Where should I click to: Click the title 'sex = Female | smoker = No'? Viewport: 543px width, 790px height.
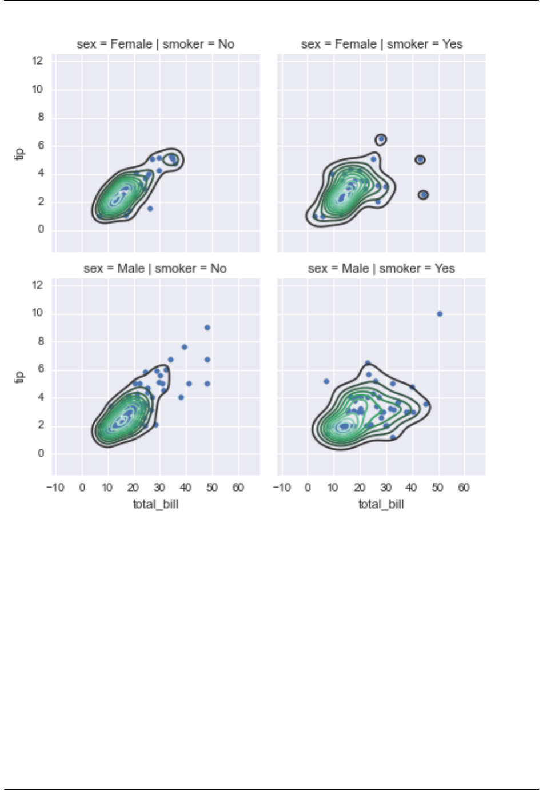point(155,44)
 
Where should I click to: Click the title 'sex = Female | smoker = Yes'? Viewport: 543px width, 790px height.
point(381,44)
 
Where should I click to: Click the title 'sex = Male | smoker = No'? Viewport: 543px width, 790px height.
point(155,268)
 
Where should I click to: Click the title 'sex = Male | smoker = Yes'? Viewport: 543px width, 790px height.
point(381,268)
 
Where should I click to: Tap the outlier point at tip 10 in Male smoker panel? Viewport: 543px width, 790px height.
point(440,314)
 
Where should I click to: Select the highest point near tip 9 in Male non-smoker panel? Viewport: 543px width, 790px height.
point(207,328)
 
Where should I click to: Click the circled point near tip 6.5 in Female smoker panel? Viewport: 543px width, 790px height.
point(381,139)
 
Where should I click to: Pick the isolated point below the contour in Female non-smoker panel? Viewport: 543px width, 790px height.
point(150,209)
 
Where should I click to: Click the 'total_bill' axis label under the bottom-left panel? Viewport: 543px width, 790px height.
point(155,504)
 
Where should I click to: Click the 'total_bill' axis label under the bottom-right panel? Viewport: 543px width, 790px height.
point(381,504)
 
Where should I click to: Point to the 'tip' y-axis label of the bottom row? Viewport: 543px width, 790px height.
point(19,377)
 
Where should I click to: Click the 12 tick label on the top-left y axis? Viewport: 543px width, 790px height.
point(38,61)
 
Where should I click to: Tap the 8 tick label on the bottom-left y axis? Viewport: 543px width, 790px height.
point(41,341)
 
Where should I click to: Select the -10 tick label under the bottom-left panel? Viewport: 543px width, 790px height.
point(55,488)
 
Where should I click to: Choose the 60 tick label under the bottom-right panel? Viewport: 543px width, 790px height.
point(464,488)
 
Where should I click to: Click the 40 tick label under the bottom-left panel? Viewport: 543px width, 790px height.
point(186,488)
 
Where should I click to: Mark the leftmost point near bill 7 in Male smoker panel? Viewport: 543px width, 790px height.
point(326,381)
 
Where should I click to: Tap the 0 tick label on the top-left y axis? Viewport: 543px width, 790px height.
point(41,229)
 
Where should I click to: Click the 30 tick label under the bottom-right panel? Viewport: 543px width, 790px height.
point(386,488)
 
